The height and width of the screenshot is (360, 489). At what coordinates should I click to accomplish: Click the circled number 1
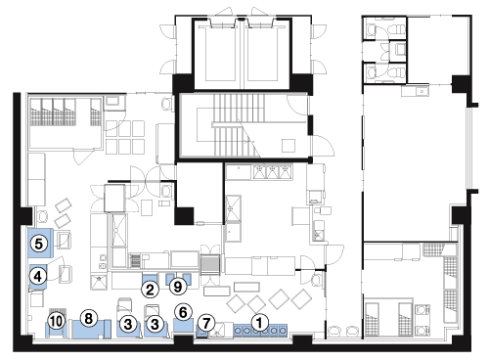[x=259, y=323]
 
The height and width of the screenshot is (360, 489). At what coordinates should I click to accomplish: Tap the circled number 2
[x=151, y=290]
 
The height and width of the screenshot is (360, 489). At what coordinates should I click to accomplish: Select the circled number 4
[x=38, y=277]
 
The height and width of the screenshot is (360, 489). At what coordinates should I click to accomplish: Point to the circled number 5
[x=38, y=244]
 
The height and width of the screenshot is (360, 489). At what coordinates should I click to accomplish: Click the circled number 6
[x=183, y=312]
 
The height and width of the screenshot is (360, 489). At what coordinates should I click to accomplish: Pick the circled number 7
[x=206, y=323]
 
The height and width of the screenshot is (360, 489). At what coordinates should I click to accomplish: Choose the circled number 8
[x=89, y=318]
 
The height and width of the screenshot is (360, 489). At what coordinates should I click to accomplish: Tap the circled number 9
[x=178, y=287]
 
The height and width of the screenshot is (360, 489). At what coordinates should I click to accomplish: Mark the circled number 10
[x=56, y=322]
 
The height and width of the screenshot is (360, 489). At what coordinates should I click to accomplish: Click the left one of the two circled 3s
[x=128, y=324]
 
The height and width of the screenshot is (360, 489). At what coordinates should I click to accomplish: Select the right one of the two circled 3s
[x=155, y=324]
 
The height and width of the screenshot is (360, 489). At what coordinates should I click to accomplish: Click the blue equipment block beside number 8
[x=91, y=330]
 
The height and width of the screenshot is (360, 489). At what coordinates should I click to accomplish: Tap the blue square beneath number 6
[x=184, y=325]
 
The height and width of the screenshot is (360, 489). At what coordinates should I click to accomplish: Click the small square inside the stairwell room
[x=289, y=146]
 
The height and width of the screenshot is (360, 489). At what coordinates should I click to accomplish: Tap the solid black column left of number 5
[x=26, y=215]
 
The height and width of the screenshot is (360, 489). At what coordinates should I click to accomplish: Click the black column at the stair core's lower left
[x=184, y=215]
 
